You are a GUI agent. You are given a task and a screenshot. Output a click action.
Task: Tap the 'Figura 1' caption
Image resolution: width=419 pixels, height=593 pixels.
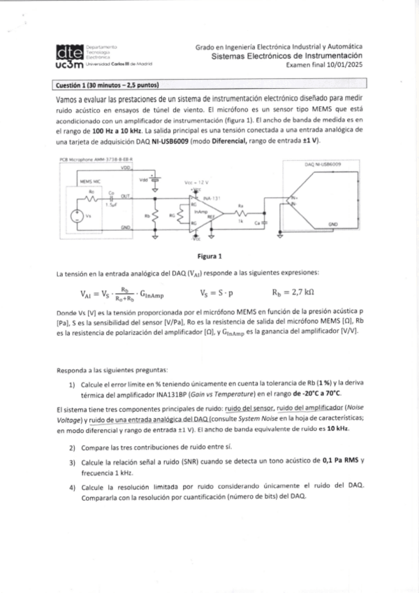(x=209, y=255)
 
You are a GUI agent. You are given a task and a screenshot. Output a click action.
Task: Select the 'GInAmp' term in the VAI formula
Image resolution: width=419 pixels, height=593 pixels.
(x=152, y=294)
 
